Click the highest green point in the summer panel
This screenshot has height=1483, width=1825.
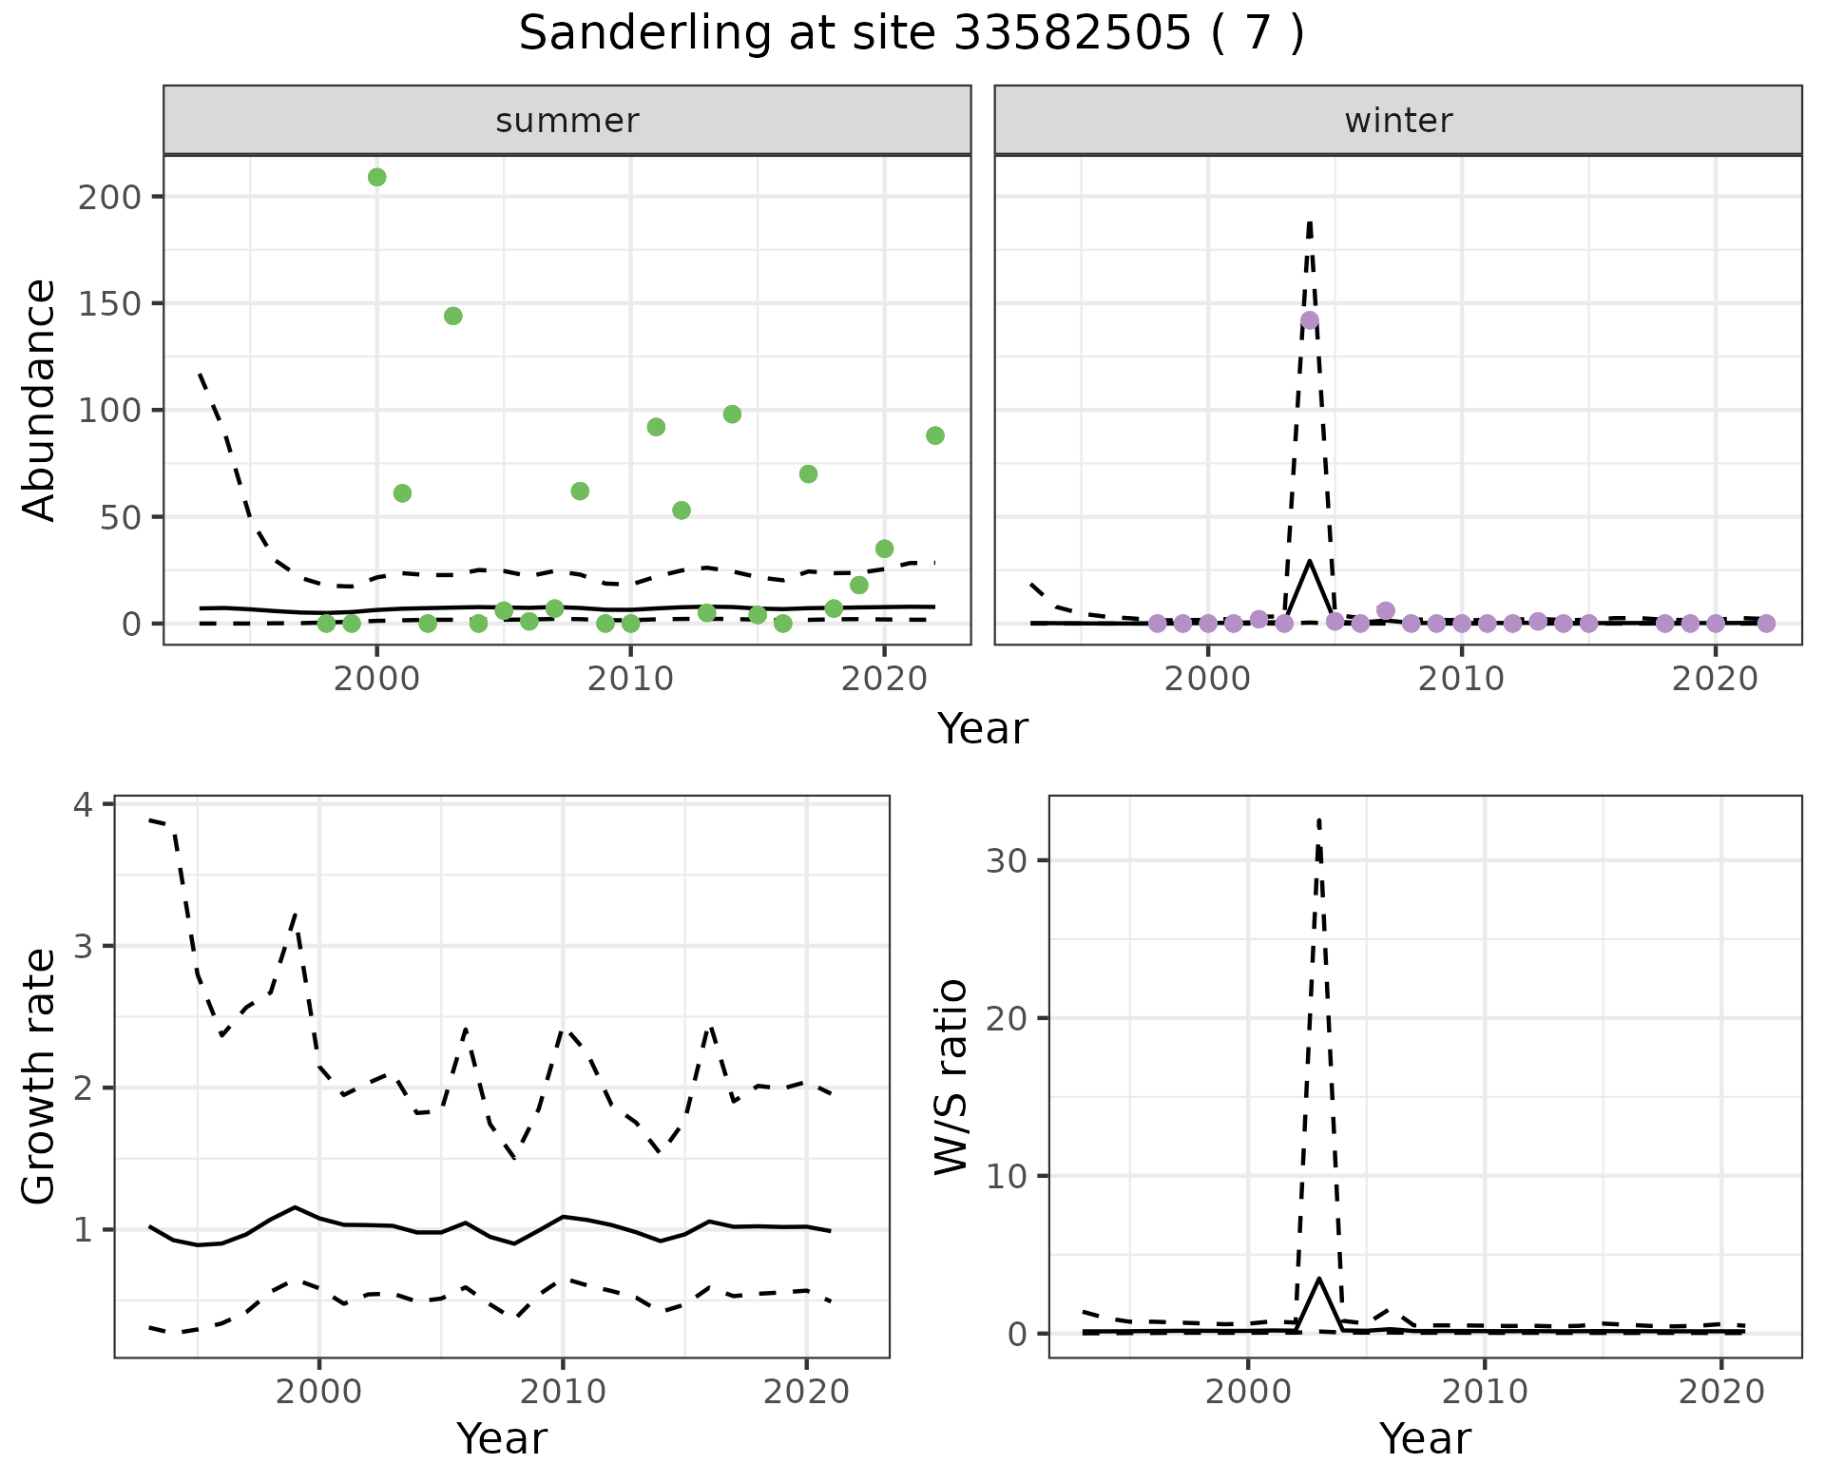coord(376,177)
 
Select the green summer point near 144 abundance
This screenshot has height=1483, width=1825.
coord(452,316)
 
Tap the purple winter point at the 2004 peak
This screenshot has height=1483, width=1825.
coord(1310,319)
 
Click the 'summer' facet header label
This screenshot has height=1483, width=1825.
coord(567,121)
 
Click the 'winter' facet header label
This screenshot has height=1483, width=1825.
coord(1398,121)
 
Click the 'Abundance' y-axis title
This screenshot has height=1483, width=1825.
coord(39,399)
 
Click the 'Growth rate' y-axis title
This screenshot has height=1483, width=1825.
coord(39,1076)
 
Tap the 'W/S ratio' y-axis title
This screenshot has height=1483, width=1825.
coord(951,1076)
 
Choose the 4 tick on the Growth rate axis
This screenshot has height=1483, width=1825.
coord(84,804)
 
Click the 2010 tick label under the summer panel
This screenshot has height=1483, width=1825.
coord(630,679)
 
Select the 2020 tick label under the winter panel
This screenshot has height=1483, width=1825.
coord(1716,679)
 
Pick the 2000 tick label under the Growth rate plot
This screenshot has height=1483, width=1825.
coord(319,1392)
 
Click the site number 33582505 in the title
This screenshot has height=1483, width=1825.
coord(1072,34)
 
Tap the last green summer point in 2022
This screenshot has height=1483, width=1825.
coord(934,435)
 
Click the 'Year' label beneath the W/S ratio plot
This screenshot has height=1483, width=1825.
coord(1425,1438)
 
